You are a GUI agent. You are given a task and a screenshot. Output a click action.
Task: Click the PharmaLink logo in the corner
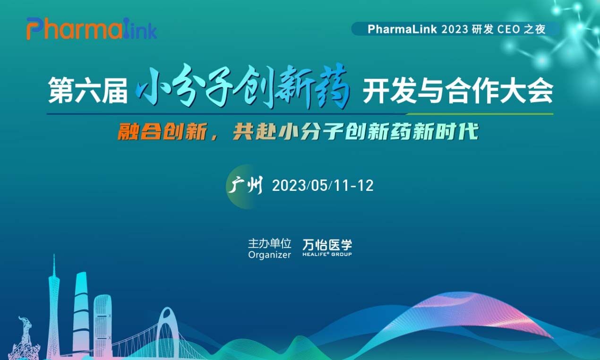[x=92, y=29]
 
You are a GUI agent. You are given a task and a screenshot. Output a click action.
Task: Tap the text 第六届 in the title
[x=88, y=90]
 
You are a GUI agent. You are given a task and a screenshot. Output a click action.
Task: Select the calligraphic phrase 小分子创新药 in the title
[x=243, y=87]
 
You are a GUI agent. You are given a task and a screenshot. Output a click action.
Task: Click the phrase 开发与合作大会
[x=458, y=90]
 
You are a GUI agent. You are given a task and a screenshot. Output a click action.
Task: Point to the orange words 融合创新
[x=163, y=132]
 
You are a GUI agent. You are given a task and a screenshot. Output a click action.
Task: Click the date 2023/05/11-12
[x=323, y=185]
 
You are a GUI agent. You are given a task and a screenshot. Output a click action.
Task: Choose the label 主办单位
[x=269, y=243]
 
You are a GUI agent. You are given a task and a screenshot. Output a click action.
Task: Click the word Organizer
[x=269, y=255]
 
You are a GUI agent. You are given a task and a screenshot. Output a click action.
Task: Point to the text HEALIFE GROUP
[x=327, y=254]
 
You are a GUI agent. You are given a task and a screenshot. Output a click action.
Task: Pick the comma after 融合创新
[x=214, y=137]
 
